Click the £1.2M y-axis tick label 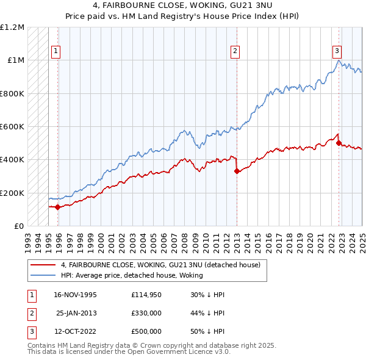click(12, 27)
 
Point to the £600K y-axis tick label click(12, 127)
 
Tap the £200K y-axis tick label click(12, 193)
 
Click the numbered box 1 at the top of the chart click(56, 52)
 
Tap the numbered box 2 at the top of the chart click(235, 52)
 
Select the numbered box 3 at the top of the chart click(337, 52)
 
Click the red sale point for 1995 click(58, 207)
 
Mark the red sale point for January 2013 click(237, 171)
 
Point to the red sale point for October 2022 click(339, 143)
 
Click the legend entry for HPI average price click(118, 275)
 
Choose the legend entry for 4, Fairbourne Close click(160, 265)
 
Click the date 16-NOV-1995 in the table click(76, 294)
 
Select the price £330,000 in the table click(146, 312)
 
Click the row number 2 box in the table click(31, 312)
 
